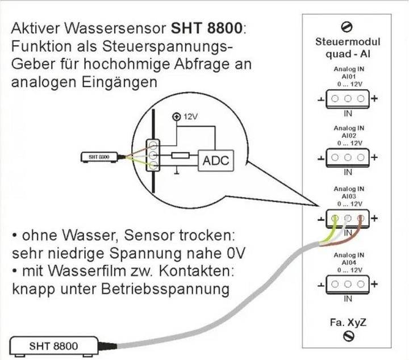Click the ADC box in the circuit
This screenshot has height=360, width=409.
215,161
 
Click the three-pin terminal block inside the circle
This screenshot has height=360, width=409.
153,155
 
